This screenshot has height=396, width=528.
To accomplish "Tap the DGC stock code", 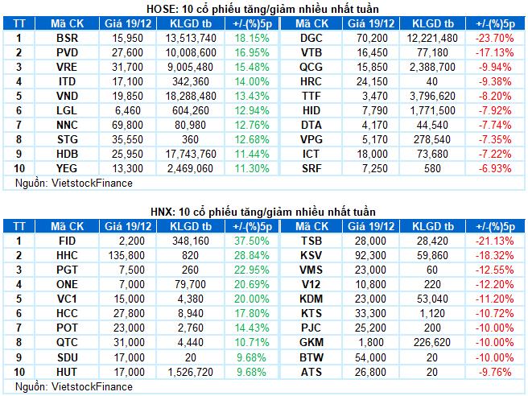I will pyautogui.click(x=311, y=38).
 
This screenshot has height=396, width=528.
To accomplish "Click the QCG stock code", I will pyautogui.click(x=311, y=67).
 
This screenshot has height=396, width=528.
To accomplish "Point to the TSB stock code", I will pyautogui.click(x=311, y=241).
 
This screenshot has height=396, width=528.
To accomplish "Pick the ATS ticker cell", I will pyautogui.click(x=311, y=371).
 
